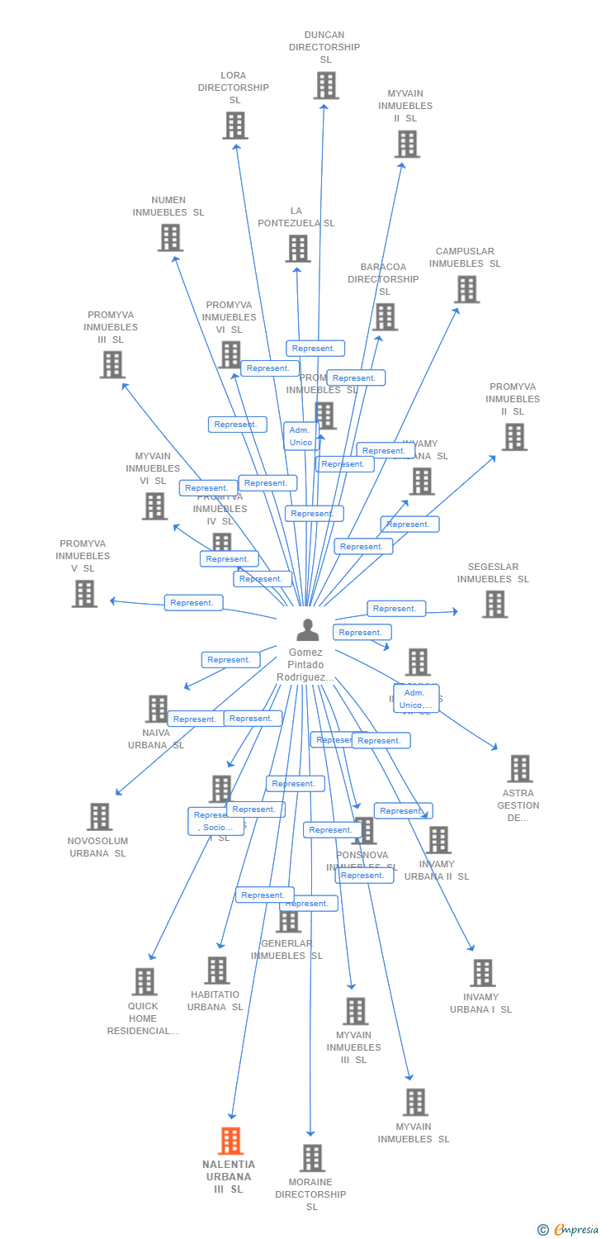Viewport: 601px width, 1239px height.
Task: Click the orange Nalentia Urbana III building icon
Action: point(230,1141)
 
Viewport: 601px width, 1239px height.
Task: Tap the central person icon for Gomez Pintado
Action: point(307,630)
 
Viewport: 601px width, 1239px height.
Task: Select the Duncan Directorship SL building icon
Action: point(326,85)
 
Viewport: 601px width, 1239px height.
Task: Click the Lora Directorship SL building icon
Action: point(235,126)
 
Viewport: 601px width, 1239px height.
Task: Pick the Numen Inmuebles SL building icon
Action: point(170,238)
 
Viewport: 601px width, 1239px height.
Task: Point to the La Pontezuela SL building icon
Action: point(298,248)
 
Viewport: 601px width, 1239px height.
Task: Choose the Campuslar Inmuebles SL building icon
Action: point(466,289)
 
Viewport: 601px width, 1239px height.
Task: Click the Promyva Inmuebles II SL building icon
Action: point(514,437)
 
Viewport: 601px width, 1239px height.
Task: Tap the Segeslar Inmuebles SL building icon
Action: point(495,604)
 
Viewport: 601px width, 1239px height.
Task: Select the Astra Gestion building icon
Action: point(519,768)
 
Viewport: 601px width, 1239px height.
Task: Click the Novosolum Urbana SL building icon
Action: point(99,816)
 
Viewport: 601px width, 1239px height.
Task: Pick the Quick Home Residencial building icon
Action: point(144,981)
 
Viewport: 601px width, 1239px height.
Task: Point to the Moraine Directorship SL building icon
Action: point(312,1158)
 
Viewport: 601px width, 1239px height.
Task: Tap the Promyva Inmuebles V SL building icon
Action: point(84,593)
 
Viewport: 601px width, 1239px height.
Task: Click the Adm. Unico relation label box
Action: point(300,436)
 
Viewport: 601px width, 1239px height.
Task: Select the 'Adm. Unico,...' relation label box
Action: point(416,699)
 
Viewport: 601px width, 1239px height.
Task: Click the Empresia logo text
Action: point(576,1230)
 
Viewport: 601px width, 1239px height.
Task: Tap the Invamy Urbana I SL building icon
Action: point(483,973)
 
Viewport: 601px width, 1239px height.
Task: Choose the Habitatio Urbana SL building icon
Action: point(216,971)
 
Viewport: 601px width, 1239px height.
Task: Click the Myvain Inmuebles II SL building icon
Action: point(406,144)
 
